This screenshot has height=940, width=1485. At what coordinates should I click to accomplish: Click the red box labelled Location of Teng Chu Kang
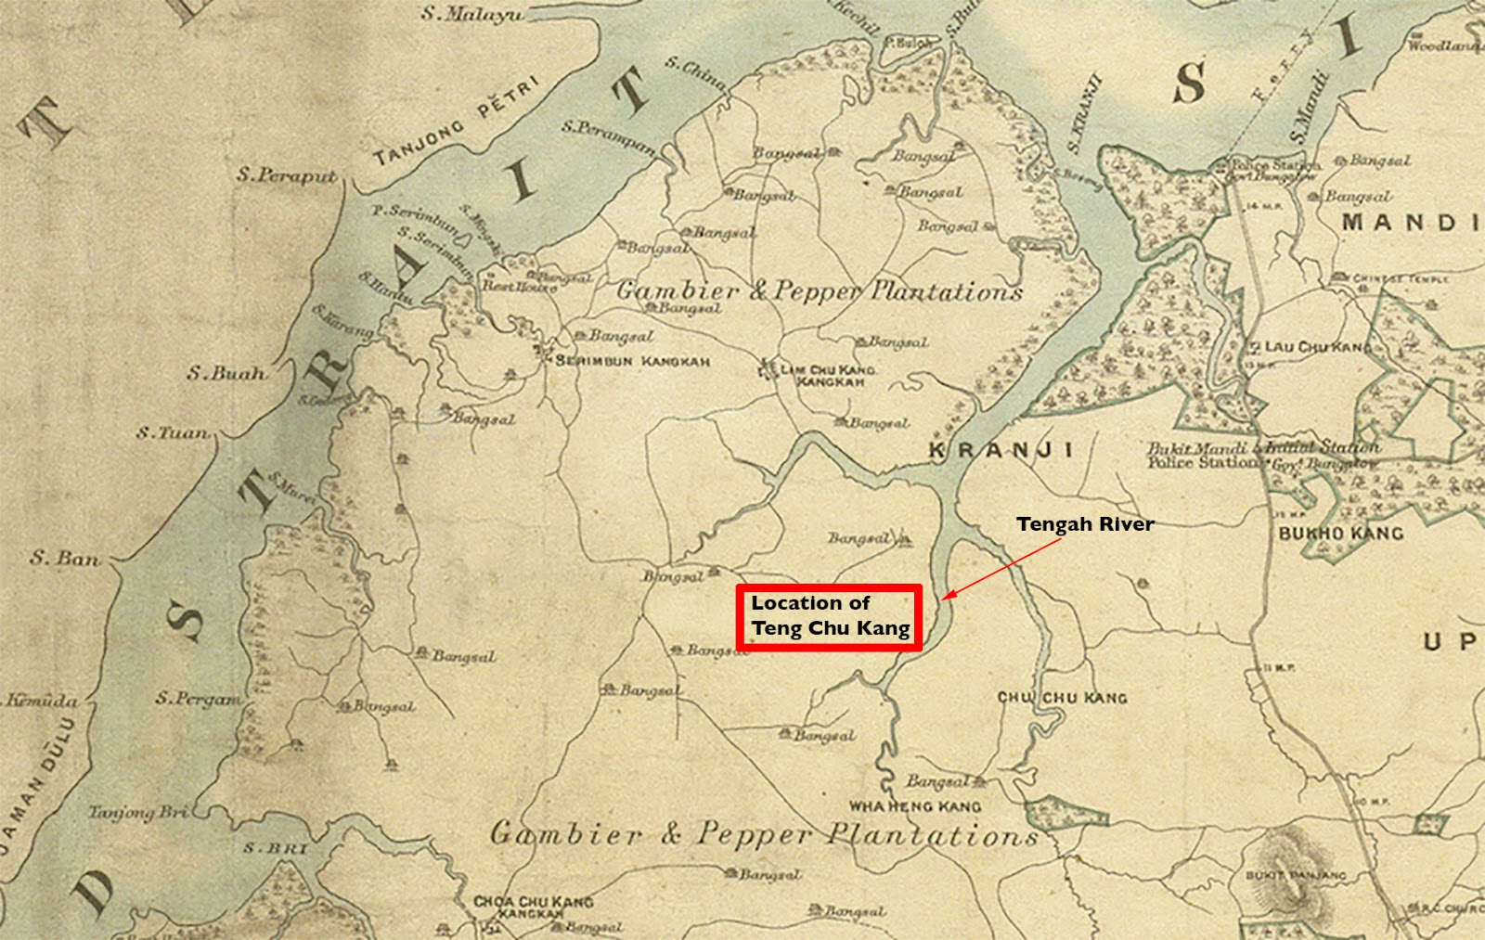pyautogui.click(x=830, y=616)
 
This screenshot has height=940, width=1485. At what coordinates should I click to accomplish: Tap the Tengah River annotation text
pyautogui.click(x=1085, y=524)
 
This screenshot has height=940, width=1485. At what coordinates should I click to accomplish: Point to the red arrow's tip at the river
pyautogui.click(x=943, y=599)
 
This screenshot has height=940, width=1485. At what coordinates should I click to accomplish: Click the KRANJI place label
pyautogui.click(x=1001, y=450)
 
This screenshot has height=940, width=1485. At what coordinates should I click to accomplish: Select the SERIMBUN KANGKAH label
pyautogui.click(x=632, y=361)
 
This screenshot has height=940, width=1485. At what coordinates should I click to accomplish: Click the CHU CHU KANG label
pyautogui.click(x=1062, y=697)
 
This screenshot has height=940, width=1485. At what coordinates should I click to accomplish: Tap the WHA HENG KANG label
pyautogui.click(x=914, y=806)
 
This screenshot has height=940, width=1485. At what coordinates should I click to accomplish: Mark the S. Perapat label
pyautogui.click(x=286, y=174)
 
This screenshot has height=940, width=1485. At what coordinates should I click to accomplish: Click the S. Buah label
pyautogui.click(x=226, y=374)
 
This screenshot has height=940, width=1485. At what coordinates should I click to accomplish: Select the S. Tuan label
pyautogui.click(x=173, y=432)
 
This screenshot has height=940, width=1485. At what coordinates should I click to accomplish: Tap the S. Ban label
pyautogui.click(x=64, y=559)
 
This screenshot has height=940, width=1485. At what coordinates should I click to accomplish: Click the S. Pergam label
pyautogui.click(x=198, y=698)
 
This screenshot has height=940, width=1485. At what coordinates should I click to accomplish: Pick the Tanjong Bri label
pyautogui.click(x=137, y=813)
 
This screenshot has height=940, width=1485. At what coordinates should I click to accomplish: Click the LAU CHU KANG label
pyautogui.click(x=1316, y=347)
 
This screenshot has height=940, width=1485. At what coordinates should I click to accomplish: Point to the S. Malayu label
pyautogui.click(x=471, y=14)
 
